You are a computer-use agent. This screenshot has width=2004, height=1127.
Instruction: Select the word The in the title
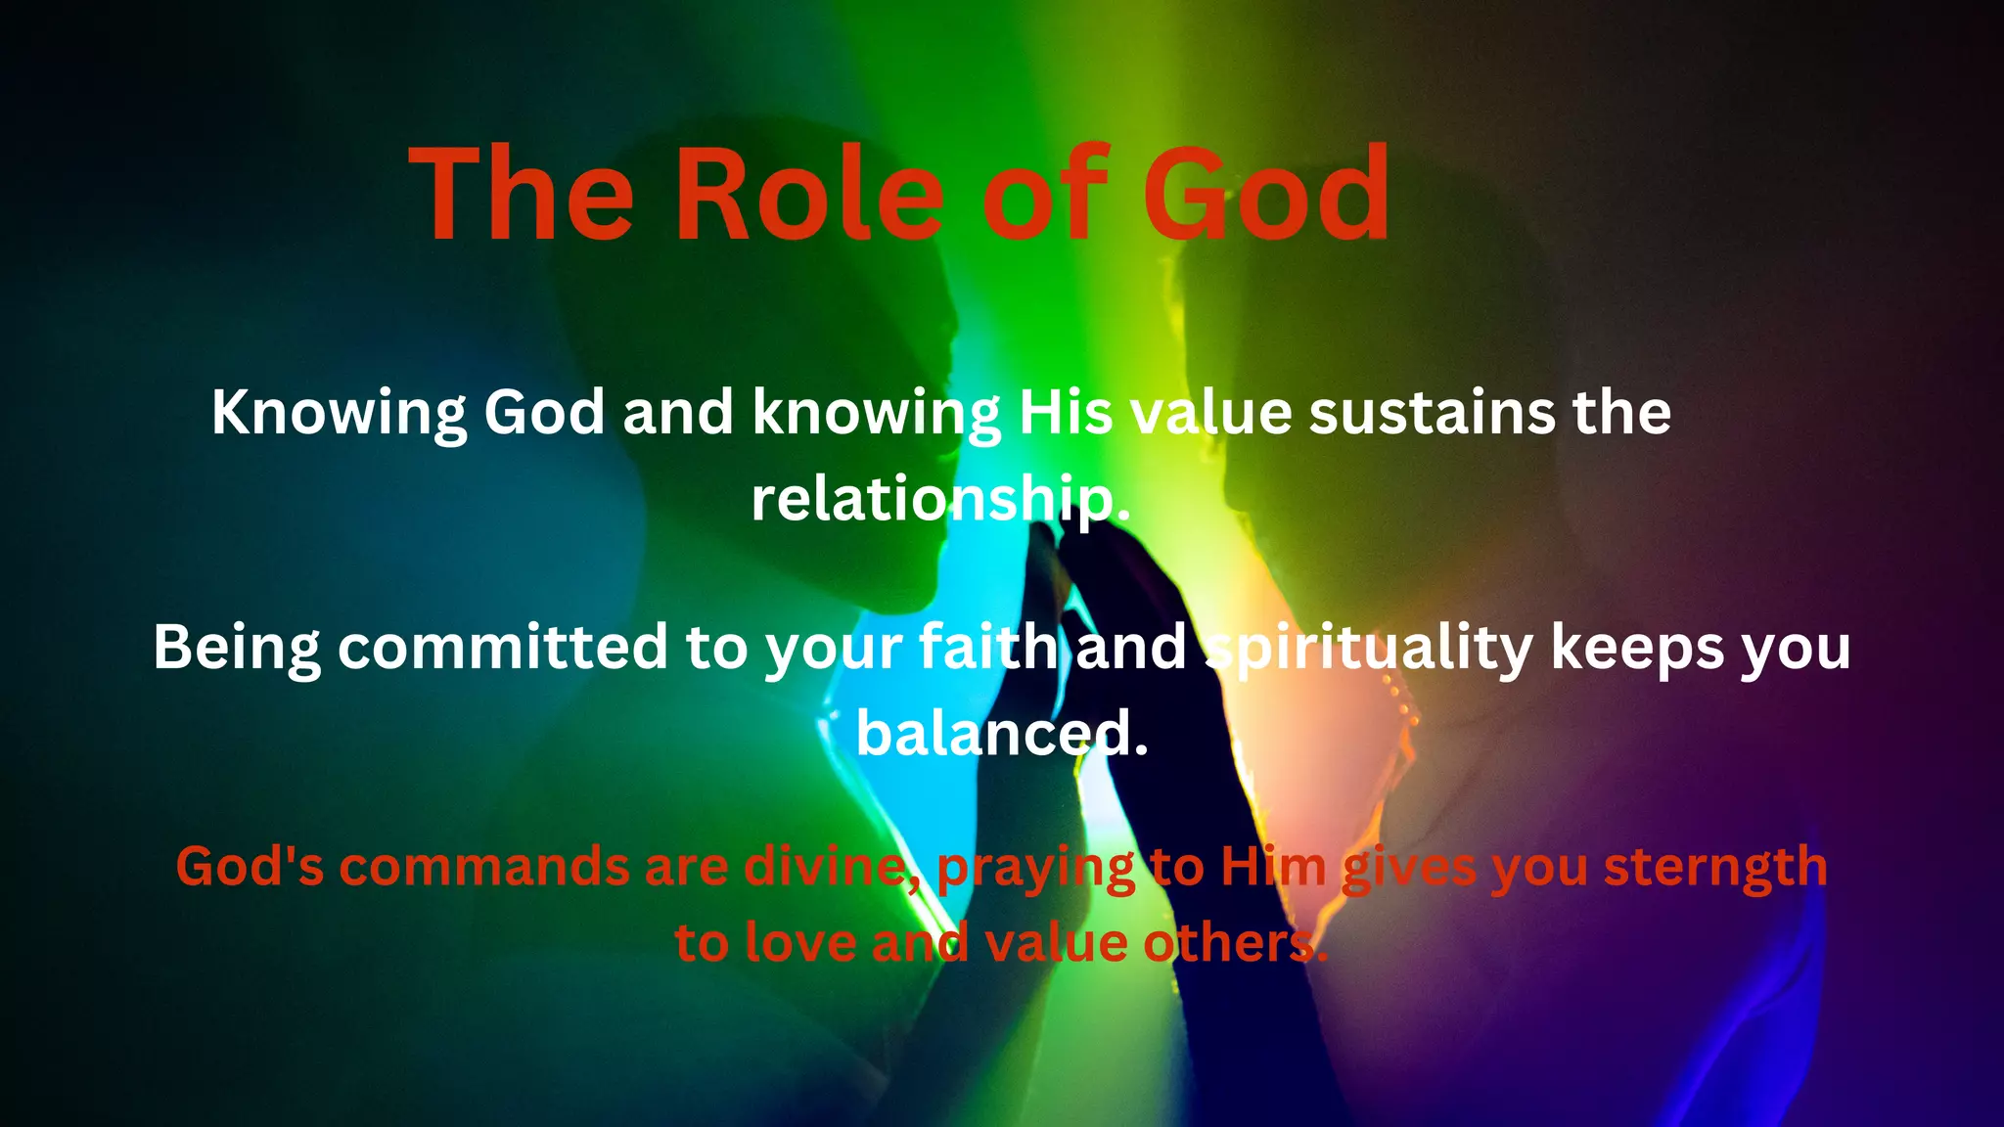click(523, 194)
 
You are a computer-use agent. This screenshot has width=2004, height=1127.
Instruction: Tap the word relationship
click(939, 500)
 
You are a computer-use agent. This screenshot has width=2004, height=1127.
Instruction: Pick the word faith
click(988, 648)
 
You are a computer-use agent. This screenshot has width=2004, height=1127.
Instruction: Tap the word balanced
click(1000, 734)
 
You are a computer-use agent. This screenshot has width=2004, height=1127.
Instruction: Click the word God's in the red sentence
click(250, 867)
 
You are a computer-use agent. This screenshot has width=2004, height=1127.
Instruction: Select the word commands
click(484, 867)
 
